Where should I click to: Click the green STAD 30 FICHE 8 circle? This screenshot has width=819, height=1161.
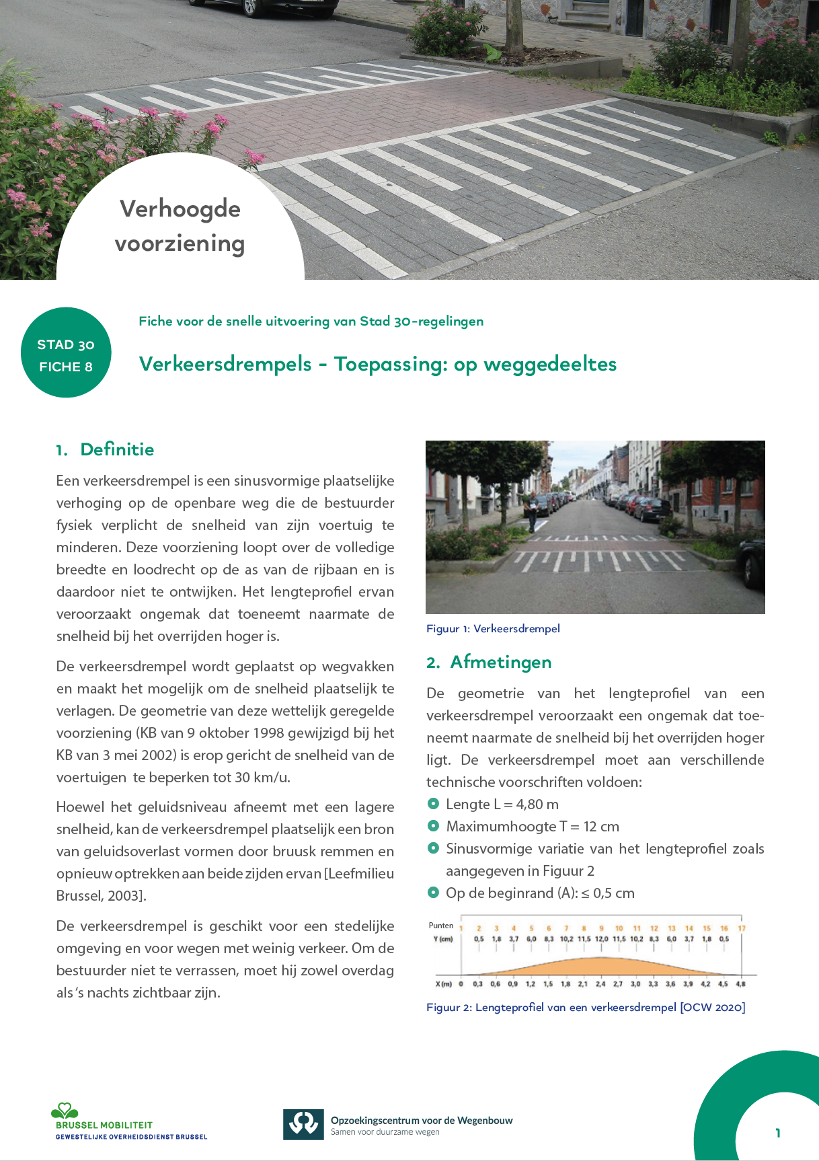66,352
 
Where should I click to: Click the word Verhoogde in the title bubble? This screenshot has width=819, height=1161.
180,209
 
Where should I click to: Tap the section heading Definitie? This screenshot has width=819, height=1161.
117,449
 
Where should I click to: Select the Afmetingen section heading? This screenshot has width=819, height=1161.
501,662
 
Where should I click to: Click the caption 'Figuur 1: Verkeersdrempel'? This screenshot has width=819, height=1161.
493,628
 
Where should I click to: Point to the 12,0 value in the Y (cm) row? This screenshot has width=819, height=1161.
601,939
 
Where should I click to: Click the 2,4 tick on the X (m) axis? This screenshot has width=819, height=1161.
600,984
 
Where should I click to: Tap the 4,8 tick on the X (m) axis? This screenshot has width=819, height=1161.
740,984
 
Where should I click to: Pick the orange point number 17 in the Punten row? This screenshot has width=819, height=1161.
742,928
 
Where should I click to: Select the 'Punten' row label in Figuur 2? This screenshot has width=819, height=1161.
441,926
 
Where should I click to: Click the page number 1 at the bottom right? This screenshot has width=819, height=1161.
778,1133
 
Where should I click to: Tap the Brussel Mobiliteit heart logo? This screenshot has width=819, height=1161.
65,1110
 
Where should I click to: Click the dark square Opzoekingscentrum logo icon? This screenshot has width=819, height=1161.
303,1125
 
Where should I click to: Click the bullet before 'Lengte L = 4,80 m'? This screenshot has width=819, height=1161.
433,804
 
